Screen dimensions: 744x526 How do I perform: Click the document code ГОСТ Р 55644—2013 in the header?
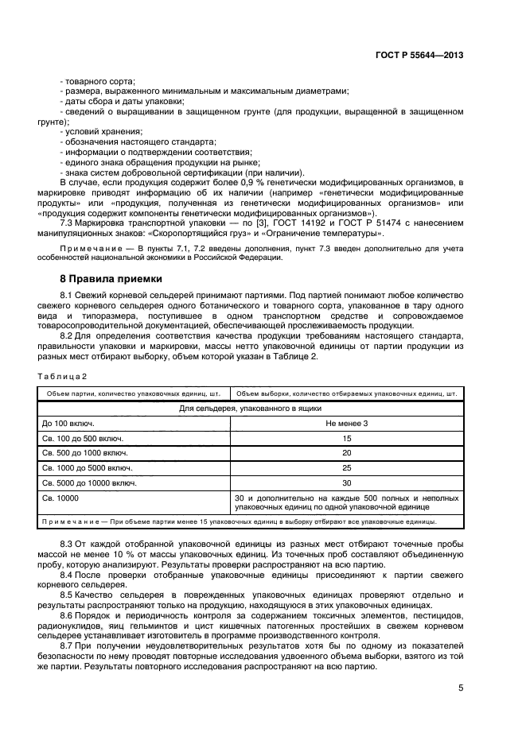pos(419,56)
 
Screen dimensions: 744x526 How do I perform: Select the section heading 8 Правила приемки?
pos(111,279)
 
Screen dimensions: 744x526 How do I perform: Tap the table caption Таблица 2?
pos(62,375)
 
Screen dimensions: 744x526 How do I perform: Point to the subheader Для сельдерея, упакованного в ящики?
pos(250,408)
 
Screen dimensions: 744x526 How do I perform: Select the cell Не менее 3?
pos(346,423)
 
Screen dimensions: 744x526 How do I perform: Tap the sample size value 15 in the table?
pos(346,438)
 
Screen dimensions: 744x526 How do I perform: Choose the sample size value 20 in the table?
pos(346,453)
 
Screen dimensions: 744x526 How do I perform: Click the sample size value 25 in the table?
pos(346,468)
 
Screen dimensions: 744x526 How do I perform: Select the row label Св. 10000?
pos(60,498)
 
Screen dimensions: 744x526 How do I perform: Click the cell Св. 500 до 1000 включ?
pos(82,453)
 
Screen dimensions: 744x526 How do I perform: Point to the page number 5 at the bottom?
pos(461,688)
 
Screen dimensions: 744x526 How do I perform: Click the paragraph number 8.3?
pos(68,542)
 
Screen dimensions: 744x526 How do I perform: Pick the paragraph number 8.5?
pos(68,595)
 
